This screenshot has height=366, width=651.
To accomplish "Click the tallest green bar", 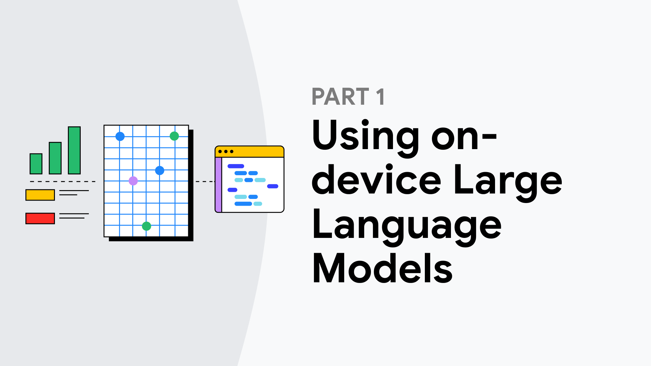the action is click(x=74, y=150).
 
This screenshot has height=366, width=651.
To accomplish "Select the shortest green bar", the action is click(x=36, y=164).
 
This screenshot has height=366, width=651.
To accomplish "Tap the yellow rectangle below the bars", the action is click(x=40, y=195).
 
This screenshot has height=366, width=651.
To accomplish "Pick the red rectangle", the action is click(x=40, y=218).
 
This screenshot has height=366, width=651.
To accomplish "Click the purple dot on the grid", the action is click(x=133, y=181).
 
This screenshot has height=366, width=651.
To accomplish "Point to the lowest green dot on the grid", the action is click(x=146, y=226).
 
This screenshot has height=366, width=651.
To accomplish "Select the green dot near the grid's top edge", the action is click(x=174, y=136).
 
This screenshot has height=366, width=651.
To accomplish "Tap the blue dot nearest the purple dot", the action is click(x=160, y=170).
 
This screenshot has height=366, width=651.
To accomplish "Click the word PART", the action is click(x=340, y=97).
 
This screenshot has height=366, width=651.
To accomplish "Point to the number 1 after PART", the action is click(x=380, y=97).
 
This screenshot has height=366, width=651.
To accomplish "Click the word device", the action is click(x=377, y=180).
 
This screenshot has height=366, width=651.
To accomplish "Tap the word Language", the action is click(x=407, y=227).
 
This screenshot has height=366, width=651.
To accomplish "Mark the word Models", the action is click(x=382, y=268).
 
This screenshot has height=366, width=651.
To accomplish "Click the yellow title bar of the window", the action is click(x=250, y=151).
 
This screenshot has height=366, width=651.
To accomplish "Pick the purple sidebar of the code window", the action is click(x=218, y=185).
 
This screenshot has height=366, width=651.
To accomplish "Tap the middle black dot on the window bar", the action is click(x=226, y=151).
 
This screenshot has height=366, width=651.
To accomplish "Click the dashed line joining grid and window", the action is click(x=205, y=182).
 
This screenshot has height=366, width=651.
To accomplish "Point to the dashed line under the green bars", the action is click(x=63, y=182).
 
